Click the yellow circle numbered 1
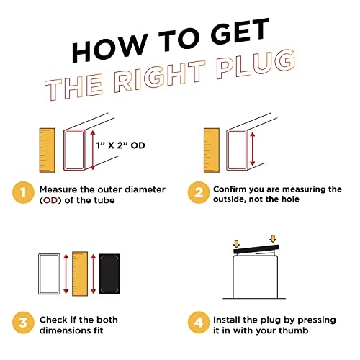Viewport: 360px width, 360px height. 23,193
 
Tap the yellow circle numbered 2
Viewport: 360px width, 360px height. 199,193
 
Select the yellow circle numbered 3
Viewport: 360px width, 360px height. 23,323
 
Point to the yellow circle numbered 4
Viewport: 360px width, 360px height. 199,323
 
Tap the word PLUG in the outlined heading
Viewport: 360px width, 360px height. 256,64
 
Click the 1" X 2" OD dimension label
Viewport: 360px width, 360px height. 121,145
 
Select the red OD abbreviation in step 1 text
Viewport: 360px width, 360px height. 50,200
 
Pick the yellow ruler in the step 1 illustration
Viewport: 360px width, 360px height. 47,150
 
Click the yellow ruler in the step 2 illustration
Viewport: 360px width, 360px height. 212,150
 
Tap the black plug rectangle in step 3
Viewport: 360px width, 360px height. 109,274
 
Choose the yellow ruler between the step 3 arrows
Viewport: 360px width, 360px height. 80,274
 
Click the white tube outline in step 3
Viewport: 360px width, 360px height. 39,274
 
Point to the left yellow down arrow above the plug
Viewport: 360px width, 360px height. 236,244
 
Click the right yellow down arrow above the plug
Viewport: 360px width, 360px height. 273,239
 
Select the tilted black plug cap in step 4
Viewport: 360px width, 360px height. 256,249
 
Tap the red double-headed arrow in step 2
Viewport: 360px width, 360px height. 252,149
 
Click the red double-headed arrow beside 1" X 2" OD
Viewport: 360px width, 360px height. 93,150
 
